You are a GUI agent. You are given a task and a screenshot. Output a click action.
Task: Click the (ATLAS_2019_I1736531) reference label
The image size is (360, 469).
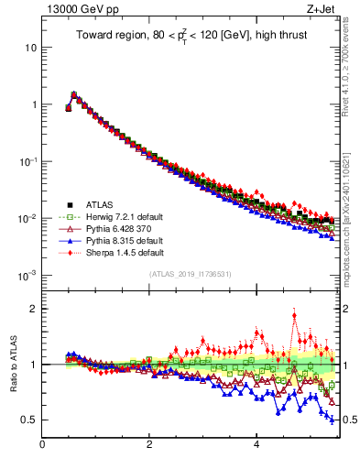(191, 274)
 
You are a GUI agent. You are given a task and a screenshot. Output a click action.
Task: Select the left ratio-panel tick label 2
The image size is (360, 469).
(33, 309)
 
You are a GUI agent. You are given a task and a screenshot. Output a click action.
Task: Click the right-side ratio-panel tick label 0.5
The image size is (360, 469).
(347, 420)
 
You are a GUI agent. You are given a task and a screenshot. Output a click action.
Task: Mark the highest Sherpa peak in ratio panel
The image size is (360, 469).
(294, 316)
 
